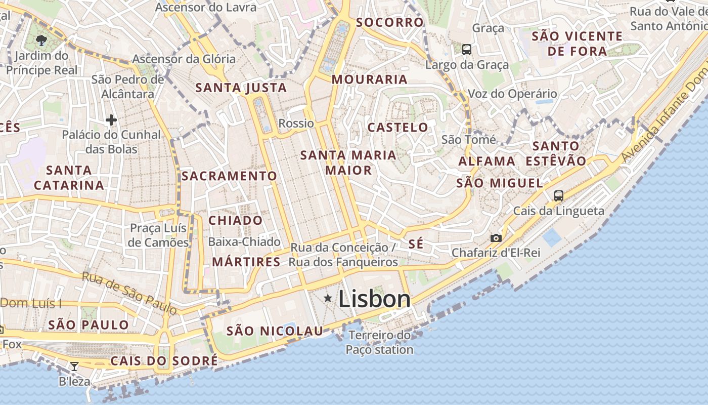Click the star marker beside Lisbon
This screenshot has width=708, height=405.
click(328, 299)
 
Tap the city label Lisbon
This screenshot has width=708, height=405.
click(374, 299)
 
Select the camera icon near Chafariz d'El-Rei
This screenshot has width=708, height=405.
click(496, 238)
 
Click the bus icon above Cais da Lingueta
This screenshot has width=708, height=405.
click(559, 195)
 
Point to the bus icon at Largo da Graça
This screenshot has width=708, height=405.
click(467, 50)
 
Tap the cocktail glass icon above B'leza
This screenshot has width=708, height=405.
click(74, 366)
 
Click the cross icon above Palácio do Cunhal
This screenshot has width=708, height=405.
click(111, 120)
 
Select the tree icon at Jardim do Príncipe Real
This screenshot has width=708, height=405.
click(41, 40)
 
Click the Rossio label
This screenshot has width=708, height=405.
click(296, 123)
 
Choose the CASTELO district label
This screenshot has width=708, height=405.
click(397, 127)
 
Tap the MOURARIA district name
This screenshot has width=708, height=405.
click(370, 79)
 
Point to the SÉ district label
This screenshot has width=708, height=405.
click(416, 244)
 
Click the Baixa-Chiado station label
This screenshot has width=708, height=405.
click(244, 241)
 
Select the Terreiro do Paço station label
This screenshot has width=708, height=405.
click(380, 342)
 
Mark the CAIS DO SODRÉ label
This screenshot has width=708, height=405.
click(164, 361)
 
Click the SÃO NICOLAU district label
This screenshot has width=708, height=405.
click(275, 331)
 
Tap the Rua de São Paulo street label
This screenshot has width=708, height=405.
click(129, 293)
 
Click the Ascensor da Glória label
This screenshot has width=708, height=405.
click(184, 59)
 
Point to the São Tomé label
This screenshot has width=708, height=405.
click(469, 139)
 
